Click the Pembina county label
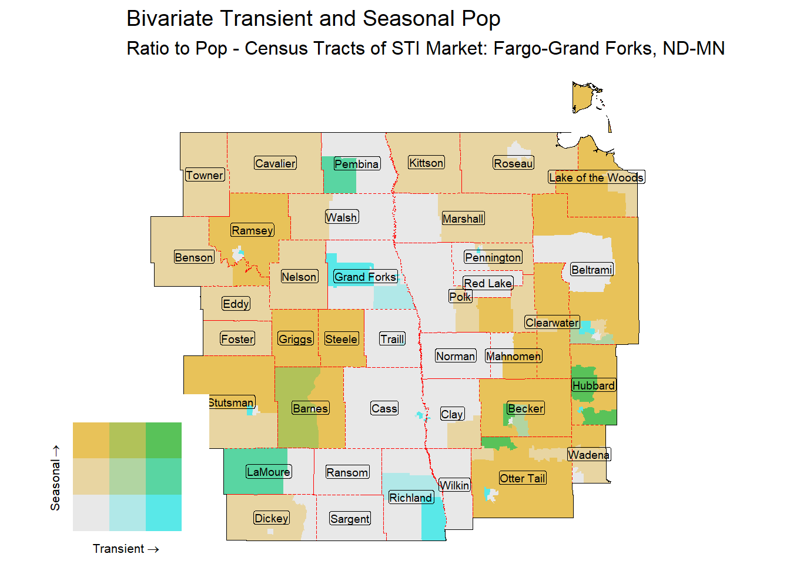point(356,164)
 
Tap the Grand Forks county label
point(365,277)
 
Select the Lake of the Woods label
point(596,177)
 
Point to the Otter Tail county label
point(523,478)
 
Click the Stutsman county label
point(231,402)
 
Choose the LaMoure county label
point(268,472)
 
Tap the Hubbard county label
point(594,385)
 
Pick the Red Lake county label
point(488,283)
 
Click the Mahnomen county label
point(513,356)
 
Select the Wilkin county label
point(454,485)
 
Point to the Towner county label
point(205,175)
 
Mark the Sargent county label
point(350,519)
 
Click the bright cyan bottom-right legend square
point(163,513)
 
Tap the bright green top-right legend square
point(163,440)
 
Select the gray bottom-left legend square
point(91,513)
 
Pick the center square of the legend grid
point(127,476)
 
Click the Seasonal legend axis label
point(55,478)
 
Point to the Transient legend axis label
point(125,549)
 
